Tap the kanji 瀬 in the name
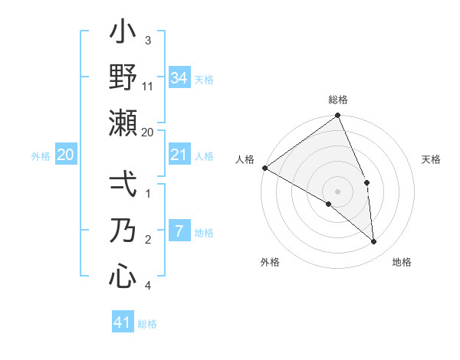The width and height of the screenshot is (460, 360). tap(123, 123)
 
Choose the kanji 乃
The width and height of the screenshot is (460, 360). tap(123, 231)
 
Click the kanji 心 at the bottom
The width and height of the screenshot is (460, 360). tap(123, 276)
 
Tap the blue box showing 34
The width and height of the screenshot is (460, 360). tap(179, 77)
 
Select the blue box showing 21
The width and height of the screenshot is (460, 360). tap(179, 155)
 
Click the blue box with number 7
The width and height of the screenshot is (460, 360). tap(179, 231)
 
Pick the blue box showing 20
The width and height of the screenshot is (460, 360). tap(65, 155)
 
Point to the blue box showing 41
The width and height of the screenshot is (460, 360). tap(123, 322)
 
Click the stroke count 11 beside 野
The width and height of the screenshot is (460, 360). tap(148, 86)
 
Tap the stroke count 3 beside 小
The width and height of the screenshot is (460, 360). tap(148, 41)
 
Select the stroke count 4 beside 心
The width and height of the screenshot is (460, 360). tap(148, 285)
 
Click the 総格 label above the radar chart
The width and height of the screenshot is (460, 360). tap(338, 100)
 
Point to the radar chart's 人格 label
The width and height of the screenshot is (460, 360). tap(245, 159)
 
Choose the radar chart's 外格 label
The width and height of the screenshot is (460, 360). tap(270, 262)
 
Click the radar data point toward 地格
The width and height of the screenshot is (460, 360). tap(374, 242)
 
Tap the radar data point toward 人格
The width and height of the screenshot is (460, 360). tap(264, 168)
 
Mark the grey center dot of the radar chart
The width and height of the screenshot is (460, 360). tap(338, 191)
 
